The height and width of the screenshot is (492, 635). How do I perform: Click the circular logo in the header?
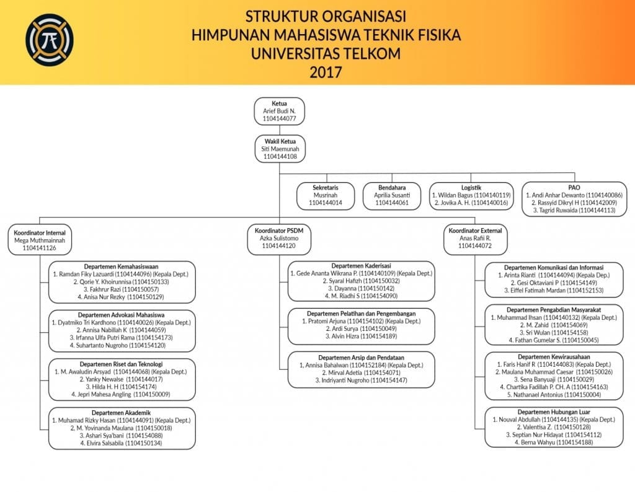point(49,40)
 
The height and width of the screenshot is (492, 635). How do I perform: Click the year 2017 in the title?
point(326,71)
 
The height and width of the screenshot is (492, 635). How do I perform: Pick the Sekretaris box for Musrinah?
point(326,195)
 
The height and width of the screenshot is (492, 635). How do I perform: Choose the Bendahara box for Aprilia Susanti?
point(392,195)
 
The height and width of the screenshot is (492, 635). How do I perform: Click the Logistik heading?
point(471,187)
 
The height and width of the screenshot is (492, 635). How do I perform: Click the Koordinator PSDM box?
point(279,238)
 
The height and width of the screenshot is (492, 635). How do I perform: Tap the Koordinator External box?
point(475,239)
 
